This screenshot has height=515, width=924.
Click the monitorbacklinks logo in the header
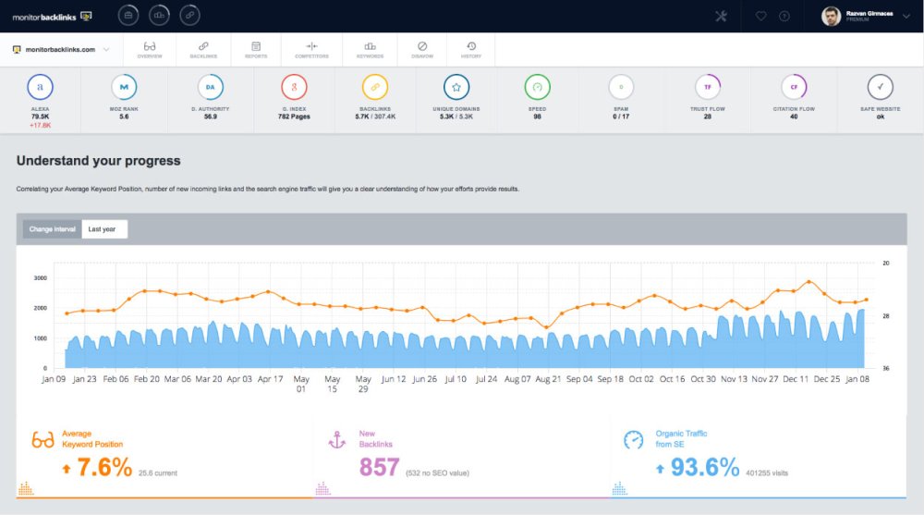pyautogui.click(x=46, y=16)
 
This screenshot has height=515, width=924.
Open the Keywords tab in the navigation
pyautogui.click(x=370, y=49)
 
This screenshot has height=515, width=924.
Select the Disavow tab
pyautogui.click(x=421, y=49)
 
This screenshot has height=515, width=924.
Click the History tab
pyautogui.click(x=471, y=49)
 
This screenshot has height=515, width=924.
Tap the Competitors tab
pyautogui.click(x=311, y=49)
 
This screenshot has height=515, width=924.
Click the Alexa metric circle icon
pyautogui.click(x=41, y=87)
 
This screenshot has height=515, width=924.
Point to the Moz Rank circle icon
pyautogui.click(x=125, y=87)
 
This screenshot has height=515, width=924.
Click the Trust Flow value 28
pyautogui.click(x=707, y=116)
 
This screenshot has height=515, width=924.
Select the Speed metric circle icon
pyautogui.click(x=538, y=87)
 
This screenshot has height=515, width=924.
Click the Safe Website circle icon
pyautogui.click(x=880, y=87)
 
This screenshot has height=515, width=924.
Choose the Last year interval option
pyautogui.click(x=103, y=229)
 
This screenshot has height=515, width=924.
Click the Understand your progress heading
pyautogui.click(x=98, y=161)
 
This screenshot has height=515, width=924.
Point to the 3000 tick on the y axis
pyautogui.click(x=40, y=277)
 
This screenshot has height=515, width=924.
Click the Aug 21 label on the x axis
pyautogui.click(x=549, y=378)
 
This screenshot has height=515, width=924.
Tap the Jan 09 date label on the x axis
pyautogui.click(x=54, y=378)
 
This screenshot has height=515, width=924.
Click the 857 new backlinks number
pyautogui.click(x=379, y=467)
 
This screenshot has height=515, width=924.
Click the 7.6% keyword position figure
pyautogui.click(x=103, y=467)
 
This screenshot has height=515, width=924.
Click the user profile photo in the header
pyautogui.click(x=832, y=16)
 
